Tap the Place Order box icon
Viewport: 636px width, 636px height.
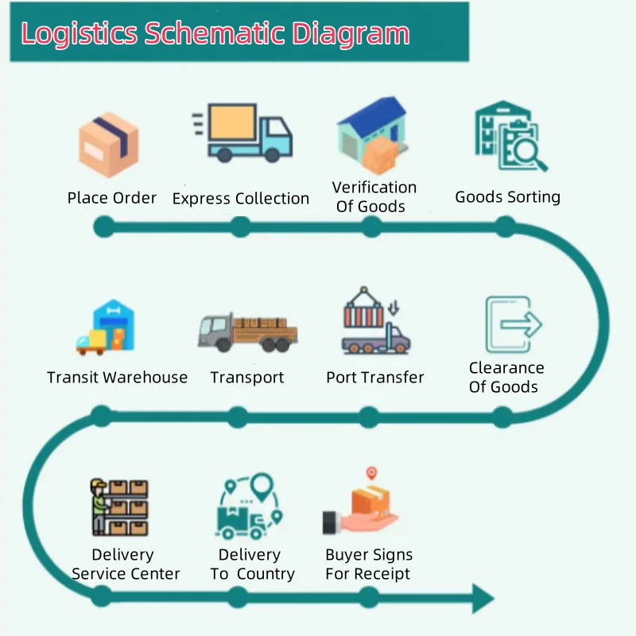tap(108, 144)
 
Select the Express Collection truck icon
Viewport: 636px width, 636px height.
tap(243, 133)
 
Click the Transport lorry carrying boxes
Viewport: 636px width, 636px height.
tap(247, 331)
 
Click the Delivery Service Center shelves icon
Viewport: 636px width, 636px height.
tap(119, 507)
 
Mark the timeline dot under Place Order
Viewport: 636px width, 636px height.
tap(103, 227)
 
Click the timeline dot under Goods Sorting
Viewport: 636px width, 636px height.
tap(505, 227)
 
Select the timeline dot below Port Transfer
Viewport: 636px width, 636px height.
tap(369, 416)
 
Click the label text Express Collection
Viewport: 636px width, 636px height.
tap(241, 199)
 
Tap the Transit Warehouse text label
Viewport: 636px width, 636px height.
tap(118, 378)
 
